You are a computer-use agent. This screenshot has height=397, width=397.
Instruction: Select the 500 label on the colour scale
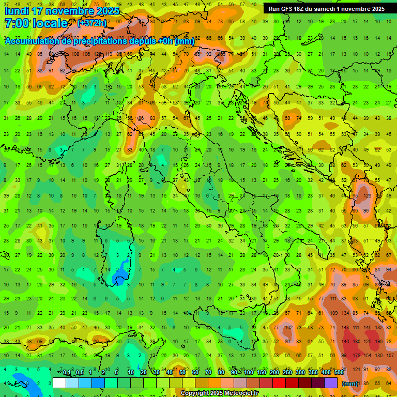[x=339, y=373]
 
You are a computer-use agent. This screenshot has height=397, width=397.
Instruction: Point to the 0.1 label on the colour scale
[x=67, y=373]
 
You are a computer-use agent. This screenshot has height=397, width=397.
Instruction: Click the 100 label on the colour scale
[x=249, y=373]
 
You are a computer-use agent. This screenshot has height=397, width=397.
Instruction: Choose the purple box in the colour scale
[x=331, y=383]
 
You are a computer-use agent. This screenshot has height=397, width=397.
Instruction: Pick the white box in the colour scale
[x=59, y=383]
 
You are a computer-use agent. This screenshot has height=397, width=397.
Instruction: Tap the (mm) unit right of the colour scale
[x=350, y=384]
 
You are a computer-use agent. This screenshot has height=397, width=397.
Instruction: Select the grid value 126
[x=367, y=196]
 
